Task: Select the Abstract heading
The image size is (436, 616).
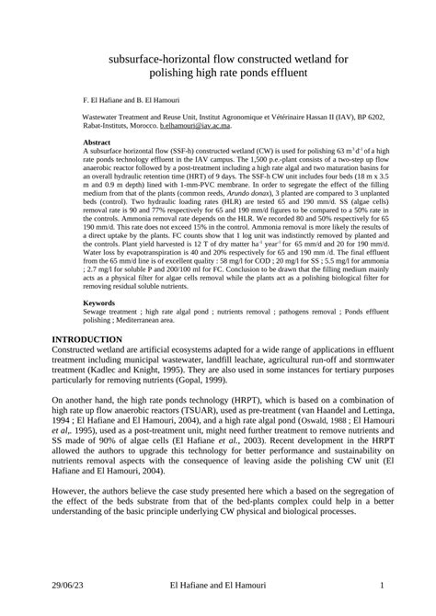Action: (x=97, y=144)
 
